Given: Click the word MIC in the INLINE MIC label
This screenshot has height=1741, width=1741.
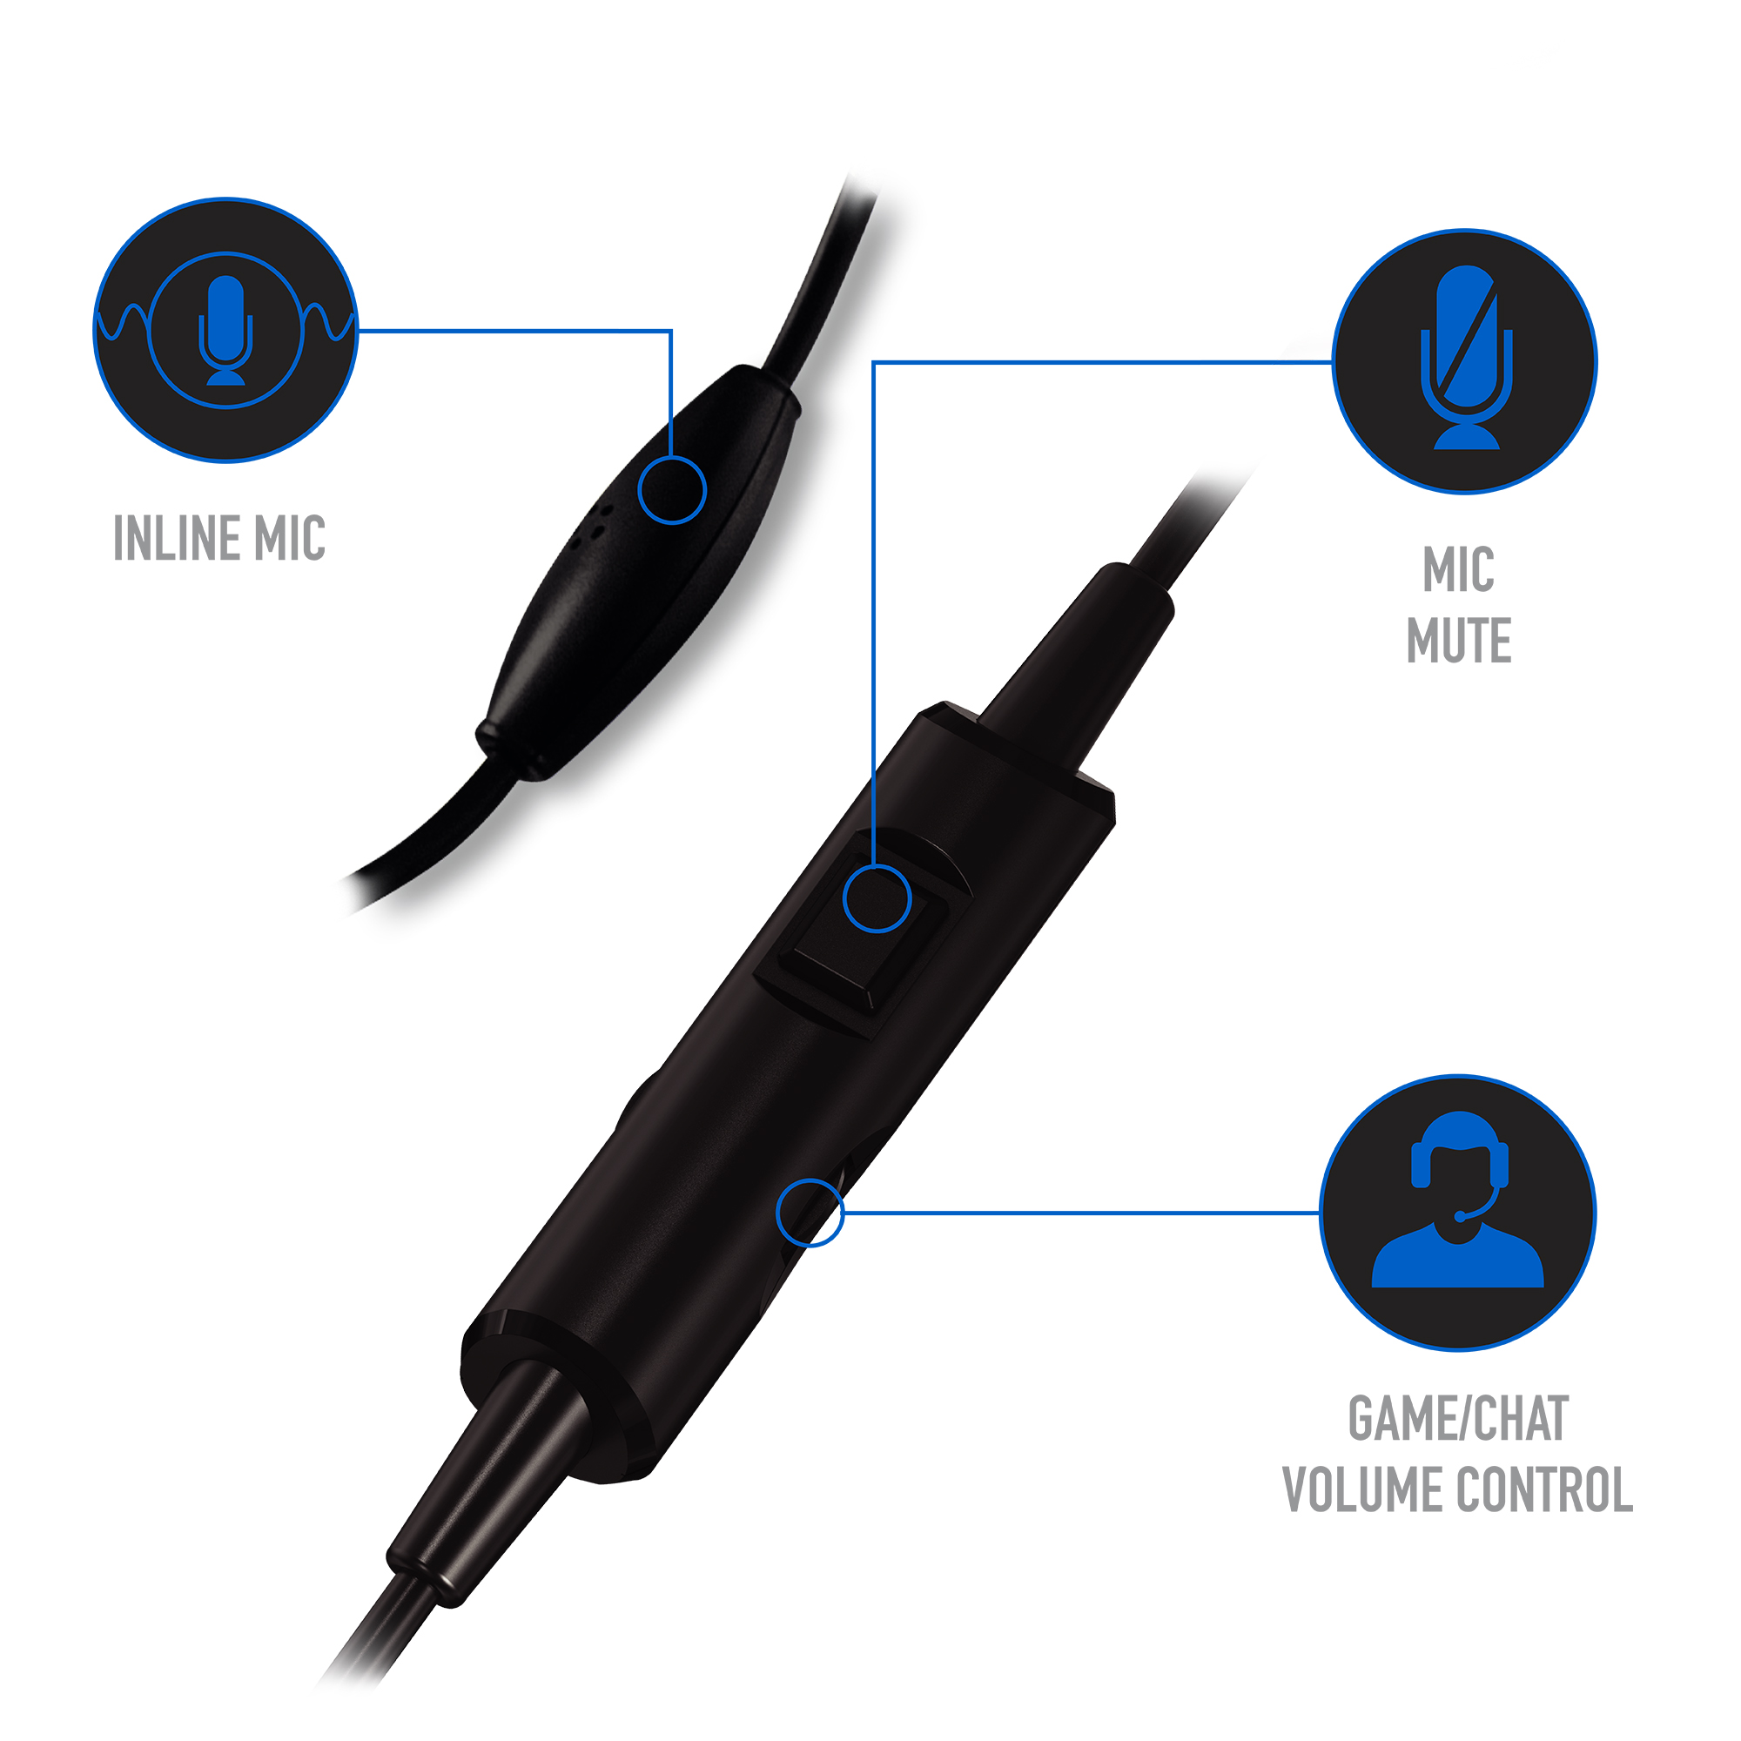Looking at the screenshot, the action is pyautogui.click(x=290, y=538).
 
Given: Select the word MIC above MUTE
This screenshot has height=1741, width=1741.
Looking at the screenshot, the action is pyautogui.click(x=1459, y=569).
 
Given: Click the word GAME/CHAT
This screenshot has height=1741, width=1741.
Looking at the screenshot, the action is pyautogui.click(x=1459, y=1419).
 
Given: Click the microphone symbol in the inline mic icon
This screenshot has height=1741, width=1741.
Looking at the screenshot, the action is pyautogui.click(x=225, y=330).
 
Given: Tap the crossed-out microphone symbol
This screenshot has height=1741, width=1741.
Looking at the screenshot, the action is pyautogui.click(x=1466, y=357).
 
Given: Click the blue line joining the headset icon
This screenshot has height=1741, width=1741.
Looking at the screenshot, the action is pyautogui.click(x=1081, y=1213).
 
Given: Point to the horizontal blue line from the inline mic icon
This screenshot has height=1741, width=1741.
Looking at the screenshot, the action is pyautogui.click(x=514, y=331).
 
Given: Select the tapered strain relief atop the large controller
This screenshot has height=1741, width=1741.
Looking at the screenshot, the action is pyautogui.click(x=1077, y=662).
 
